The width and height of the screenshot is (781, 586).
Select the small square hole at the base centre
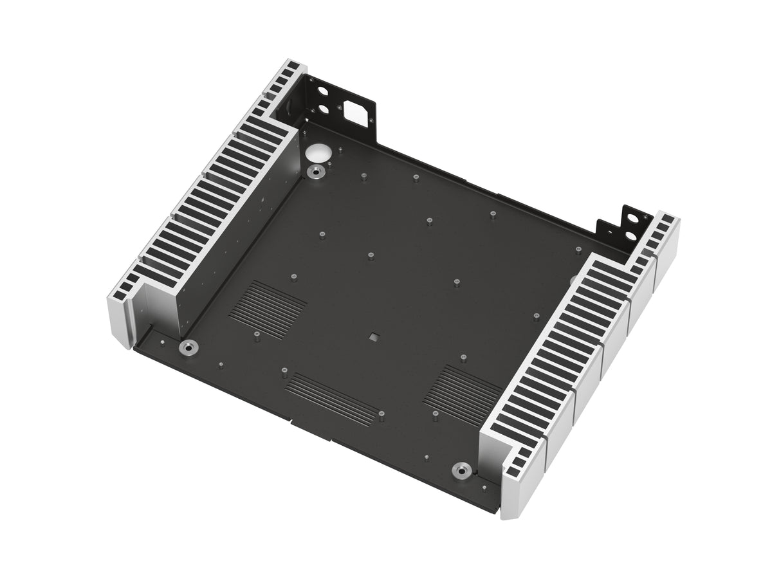coord(373,335)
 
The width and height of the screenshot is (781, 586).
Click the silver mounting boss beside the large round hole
coord(316,172)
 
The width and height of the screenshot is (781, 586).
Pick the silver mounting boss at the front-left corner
coord(188,348)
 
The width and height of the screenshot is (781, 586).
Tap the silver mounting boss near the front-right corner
coord(461,469)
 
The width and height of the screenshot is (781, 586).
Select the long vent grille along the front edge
coord(331,398)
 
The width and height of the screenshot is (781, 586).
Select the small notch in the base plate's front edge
coord(292,424)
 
